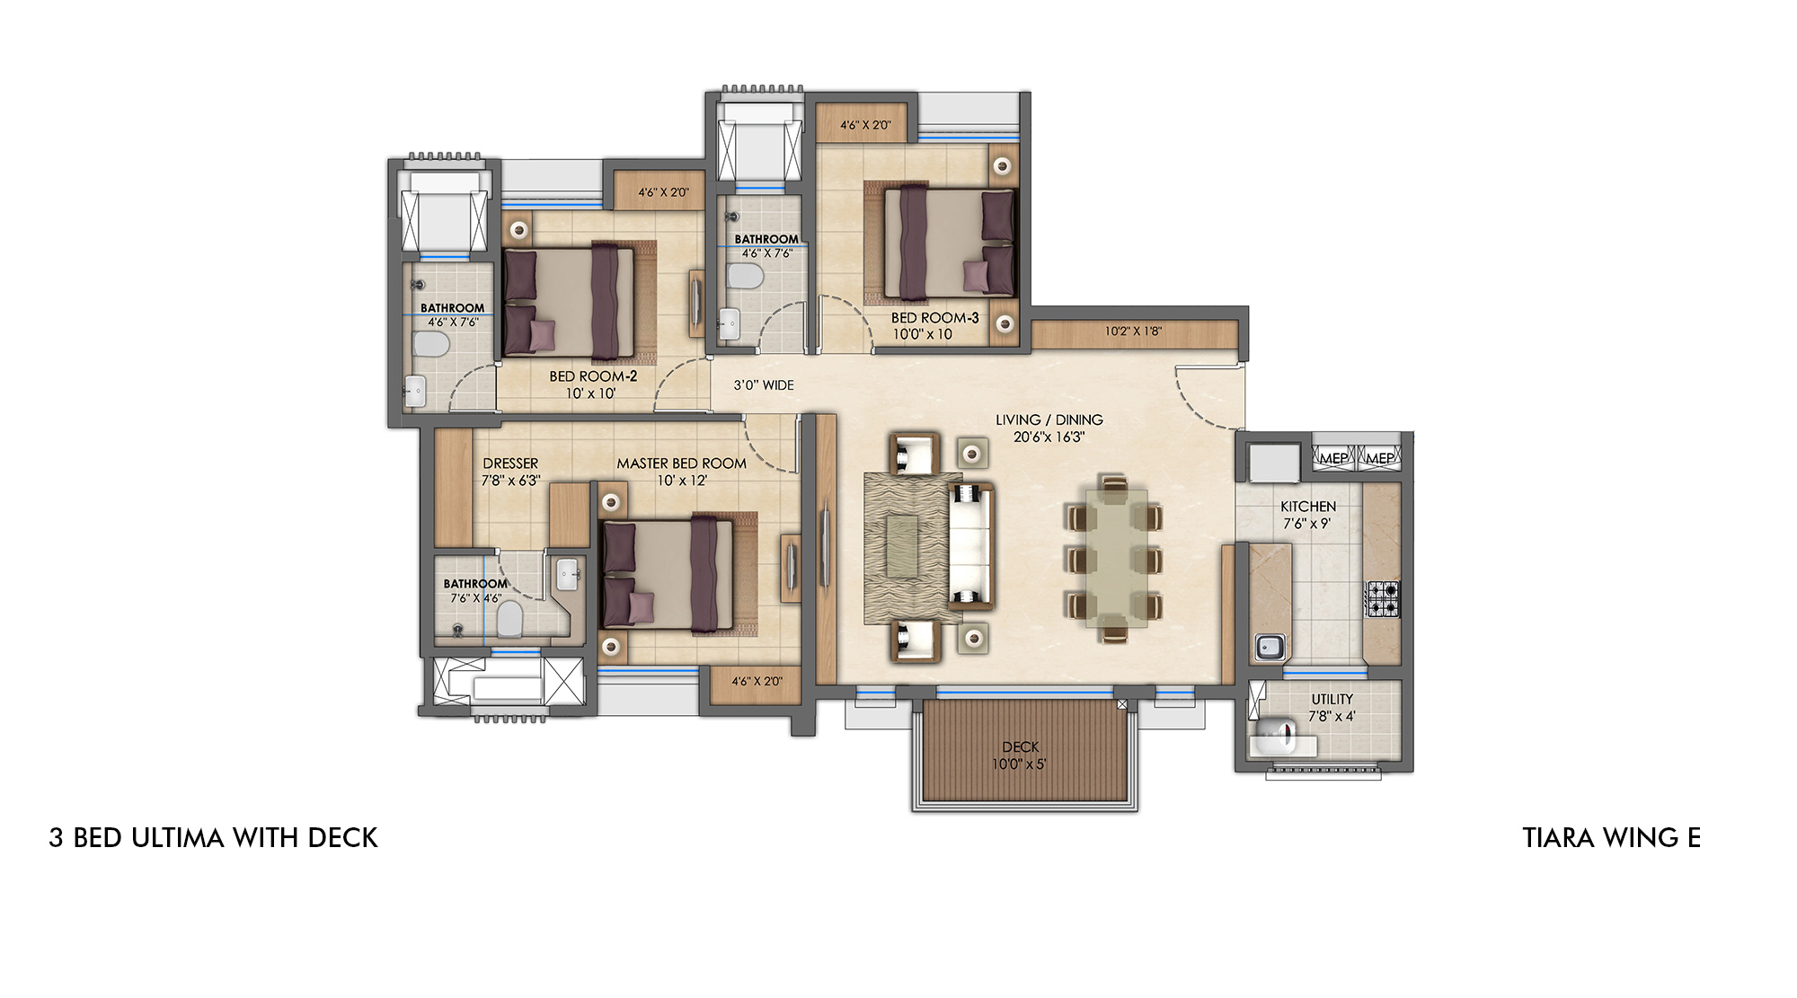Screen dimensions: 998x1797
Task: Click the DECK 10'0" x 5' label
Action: [x=1020, y=755]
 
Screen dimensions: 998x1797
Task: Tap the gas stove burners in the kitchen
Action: [x=1383, y=599]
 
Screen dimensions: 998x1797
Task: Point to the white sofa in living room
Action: [x=971, y=545]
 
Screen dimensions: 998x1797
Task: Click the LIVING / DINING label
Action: [x=1049, y=420]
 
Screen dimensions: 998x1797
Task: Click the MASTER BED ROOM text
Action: [x=681, y=464]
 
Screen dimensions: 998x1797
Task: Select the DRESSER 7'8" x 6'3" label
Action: [x=510, y=472]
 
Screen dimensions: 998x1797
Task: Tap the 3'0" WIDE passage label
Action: [x=764, y=385]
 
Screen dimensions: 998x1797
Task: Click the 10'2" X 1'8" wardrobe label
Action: [x=1133, y=331]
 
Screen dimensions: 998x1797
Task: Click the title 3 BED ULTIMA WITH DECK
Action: [x=213, y=837]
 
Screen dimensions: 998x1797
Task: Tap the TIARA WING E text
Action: [x=1611, y=837]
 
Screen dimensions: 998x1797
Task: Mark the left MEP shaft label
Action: [x=1333, y=458]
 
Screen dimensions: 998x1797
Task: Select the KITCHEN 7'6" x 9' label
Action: [x=1308, y=515]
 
